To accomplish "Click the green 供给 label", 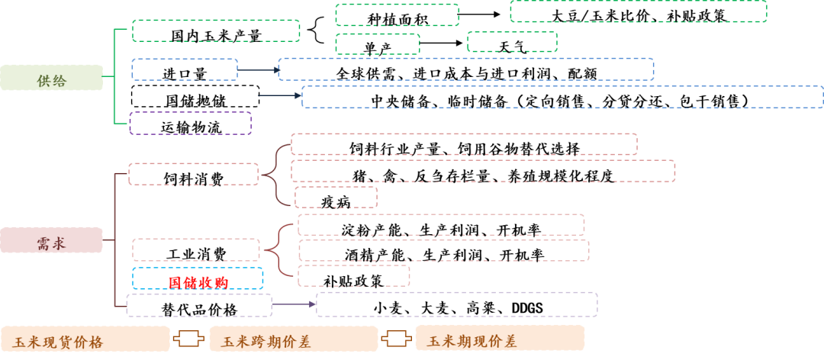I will tap(51, 78).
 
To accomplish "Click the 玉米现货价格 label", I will tap(85, 339).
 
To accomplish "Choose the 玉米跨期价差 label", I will tap(294, 339).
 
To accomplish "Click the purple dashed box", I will tap(191, 124).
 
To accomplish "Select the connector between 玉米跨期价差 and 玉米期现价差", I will tap(397, 339).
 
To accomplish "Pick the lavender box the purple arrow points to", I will tap(456, 304).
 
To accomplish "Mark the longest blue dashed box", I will tap(562, 97).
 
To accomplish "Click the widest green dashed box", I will tap(638, 11).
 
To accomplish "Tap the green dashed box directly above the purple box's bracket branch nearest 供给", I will tap(216, 31).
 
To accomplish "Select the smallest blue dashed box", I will tap(185, 69).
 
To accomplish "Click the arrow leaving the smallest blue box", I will tap(258, 69).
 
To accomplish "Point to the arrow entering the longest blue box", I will tap(279, 96).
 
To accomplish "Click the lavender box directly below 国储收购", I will tap(199, 305).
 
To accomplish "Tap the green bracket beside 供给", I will tap(114, 76).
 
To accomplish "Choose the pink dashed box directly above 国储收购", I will tap(196, 249).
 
